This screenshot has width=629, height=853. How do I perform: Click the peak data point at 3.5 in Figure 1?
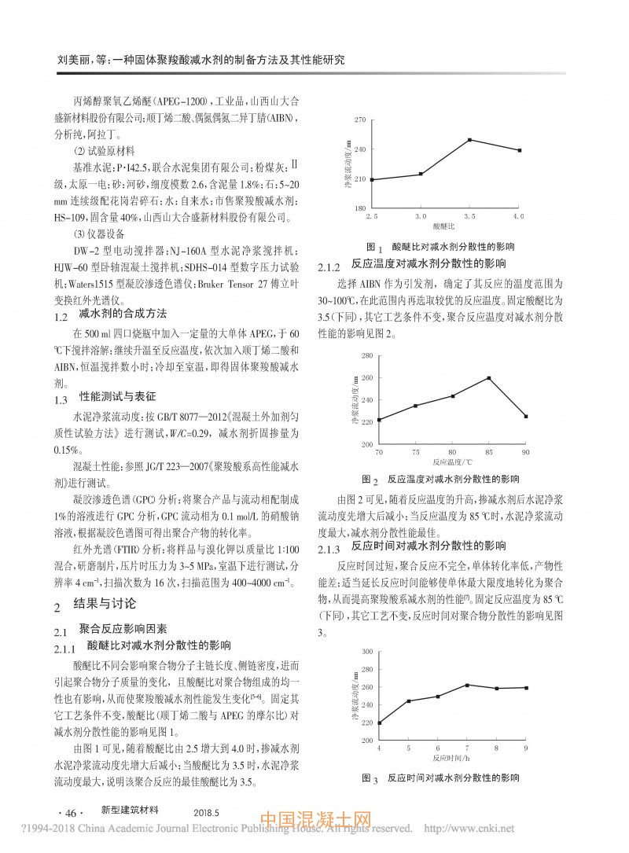pyautogui.click(x=469, y=140)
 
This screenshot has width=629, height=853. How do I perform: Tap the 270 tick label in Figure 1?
pyautogui.click(x=360, y=119)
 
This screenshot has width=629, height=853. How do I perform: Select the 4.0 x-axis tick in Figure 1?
pyautogui.click(x=518, y=215)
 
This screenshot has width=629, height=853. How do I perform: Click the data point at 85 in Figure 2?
pyautogui.click(x=489, y=378)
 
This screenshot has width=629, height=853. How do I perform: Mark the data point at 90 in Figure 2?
pyautogui.click(x=526, y=416)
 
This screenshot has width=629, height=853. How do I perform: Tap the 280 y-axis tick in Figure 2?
pyautogui.click(x=366, y=355)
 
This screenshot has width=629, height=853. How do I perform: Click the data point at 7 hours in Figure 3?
pyautogui.click(x=467, y=686)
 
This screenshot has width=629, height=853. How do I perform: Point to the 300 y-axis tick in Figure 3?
pyautogui.click(x=366, y=652)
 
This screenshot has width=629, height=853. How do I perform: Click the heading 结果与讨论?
pyautogui.click(x=105, y=605)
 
